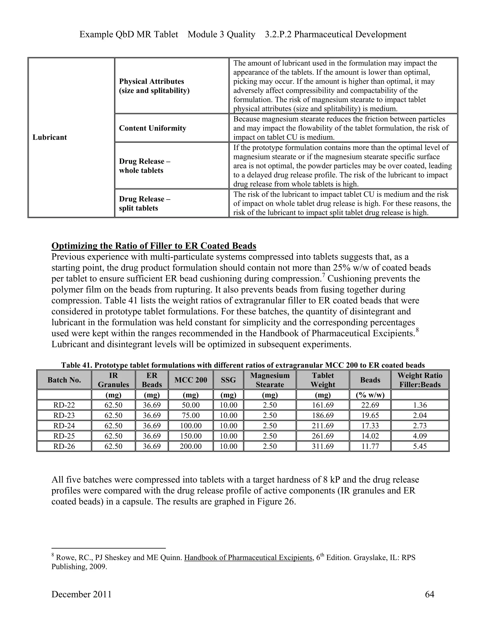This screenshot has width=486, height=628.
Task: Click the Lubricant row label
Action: pyautogui.click(x=50, y=137)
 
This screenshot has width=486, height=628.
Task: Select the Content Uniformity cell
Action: pyautogui.click(x=153, y=128)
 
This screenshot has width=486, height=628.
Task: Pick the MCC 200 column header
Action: pyautogui.click(x=191, y=380)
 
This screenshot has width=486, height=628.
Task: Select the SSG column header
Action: pyautogui.click(x=228, y=380)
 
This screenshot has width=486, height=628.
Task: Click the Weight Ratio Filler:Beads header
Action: pyautogui.click(x=420, y=380)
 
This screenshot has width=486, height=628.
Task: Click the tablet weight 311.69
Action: pyautogui.click(x=323, y=446)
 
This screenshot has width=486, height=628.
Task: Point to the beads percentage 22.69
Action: pyautogui.click(x=370, y=405)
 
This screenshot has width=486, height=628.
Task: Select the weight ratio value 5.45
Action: pyautogui.click(x=420, y=446)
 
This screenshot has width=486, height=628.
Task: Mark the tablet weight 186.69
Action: pyautogui.click(x=323, y=415)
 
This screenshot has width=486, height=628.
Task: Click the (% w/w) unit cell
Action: pyautogui.click(x=370, y=395)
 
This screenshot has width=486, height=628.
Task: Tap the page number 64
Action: pyautogui.click(x=429, y=594)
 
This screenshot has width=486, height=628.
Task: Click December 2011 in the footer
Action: pyautogui.click(x=81, y=594)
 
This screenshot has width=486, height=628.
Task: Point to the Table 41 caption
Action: pyautogui.click(x=243, y=365)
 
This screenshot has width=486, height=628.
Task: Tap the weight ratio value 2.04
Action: pyautogui.click(x=420, y=415)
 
